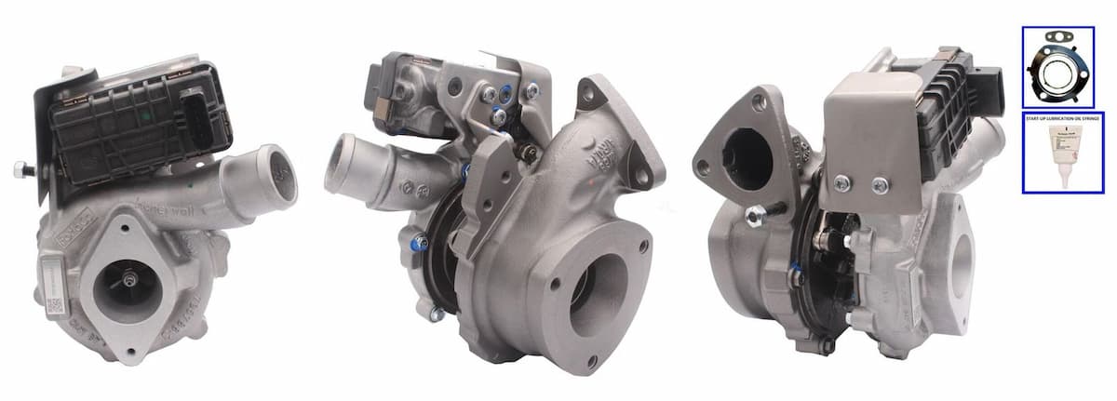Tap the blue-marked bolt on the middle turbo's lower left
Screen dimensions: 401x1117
point(420,244)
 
